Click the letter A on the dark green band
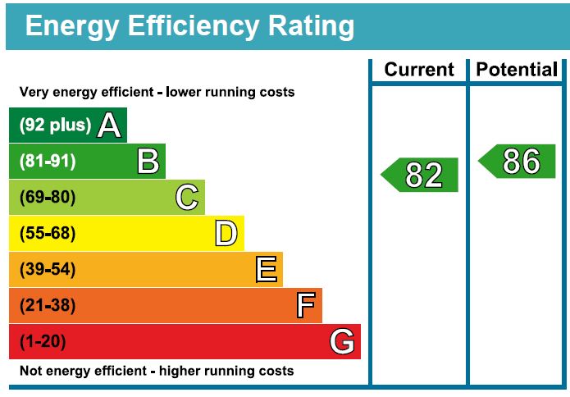pos(109,125)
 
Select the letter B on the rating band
pos(148,161)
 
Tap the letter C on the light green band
pos(187,197)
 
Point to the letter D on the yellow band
pos(226,233)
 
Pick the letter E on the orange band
pos(266,269)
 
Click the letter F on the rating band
pos(305,305)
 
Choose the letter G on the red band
pos(342,341)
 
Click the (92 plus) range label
pos(55,125)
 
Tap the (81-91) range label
pos(48,162)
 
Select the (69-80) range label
pos(48,198)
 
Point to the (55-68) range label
pos(48,234)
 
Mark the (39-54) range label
pos(48,270)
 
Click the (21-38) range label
pos(48,306)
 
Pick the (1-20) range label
pos(43,342)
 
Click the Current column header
pos(418,70)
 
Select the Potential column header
pos(517,70)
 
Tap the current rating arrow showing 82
pos(420,175)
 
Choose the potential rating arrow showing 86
pos(518,162)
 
